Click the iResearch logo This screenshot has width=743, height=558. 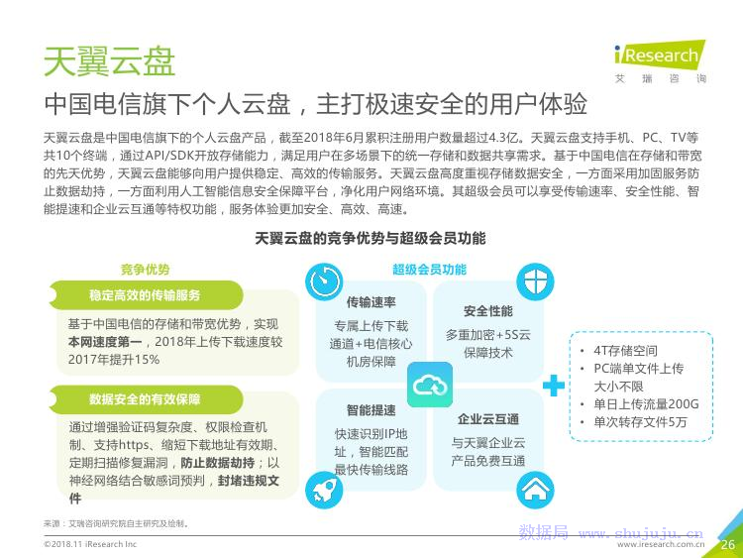click(660, 61)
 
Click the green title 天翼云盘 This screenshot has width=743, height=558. click(109, 61)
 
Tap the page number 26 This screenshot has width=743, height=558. click(728, 545)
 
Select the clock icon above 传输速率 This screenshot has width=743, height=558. click(324, 281)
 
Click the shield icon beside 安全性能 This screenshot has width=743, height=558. click(535, 281)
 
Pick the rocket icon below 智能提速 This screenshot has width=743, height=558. click(324, 490)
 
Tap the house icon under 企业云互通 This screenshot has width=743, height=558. click(535, 490)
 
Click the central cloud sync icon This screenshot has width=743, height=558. click(430, 385)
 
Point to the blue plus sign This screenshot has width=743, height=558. click(554, 386)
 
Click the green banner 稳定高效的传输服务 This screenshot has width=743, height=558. click(146, 295)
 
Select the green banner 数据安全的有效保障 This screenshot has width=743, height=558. click(146, 399)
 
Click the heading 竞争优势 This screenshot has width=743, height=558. click(145, 270)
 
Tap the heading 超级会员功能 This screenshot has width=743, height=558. click(429, 270)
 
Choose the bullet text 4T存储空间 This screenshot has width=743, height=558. click(625, 351)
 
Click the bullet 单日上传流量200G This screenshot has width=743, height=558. click(646, 404)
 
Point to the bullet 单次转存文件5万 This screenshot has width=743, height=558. click(640, 422)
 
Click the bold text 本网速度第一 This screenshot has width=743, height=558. click(105, 342)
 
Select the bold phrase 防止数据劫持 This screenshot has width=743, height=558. click(218, 463)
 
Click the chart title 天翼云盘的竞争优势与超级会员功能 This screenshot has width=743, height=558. click(371, 238)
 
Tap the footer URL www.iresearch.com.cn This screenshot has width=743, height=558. click(661, 545)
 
